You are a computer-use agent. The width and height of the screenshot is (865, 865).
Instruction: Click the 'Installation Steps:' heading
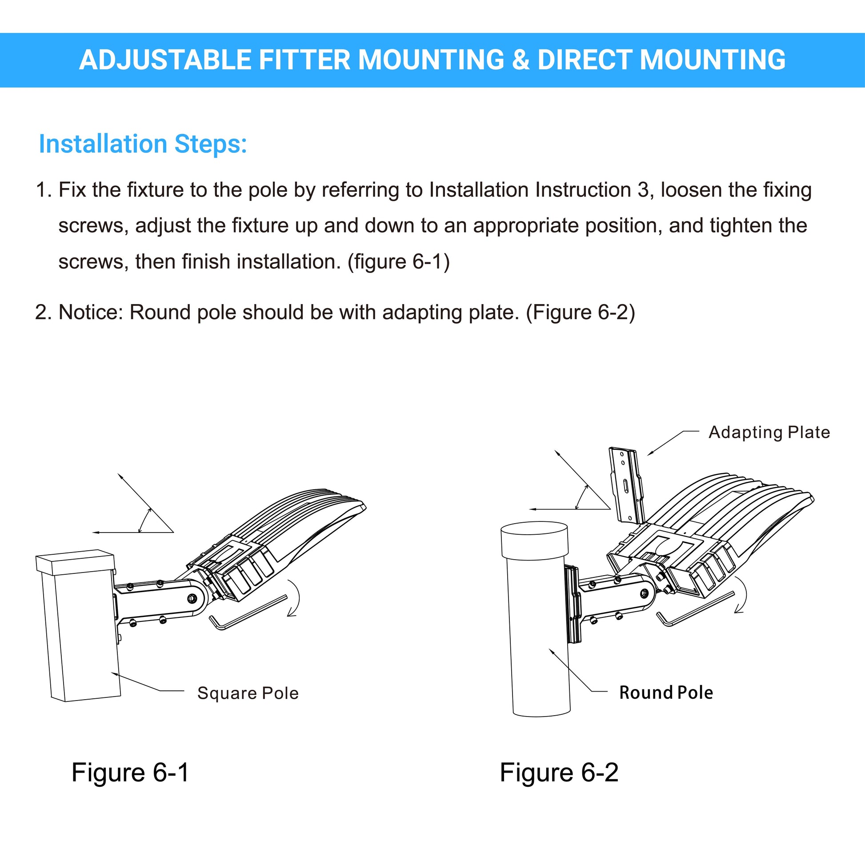(x=143, y=144)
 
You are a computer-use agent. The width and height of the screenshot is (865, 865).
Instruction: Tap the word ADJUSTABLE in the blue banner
(x=165, y=60)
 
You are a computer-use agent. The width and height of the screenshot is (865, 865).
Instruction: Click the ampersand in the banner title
(x=521, y=60)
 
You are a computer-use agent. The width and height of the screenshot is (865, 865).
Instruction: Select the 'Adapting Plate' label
(x=769, y=432)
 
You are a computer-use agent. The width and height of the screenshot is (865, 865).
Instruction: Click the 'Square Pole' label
(x=248, y=693)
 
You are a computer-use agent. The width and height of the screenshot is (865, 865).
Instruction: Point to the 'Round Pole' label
(x=666, y=693)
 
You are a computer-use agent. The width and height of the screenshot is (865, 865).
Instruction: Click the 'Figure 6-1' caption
(x=130, y=773)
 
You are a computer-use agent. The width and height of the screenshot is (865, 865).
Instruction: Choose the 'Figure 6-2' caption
(x=559, y=773)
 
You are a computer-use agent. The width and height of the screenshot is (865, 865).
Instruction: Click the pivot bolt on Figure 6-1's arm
(x=192, y=598)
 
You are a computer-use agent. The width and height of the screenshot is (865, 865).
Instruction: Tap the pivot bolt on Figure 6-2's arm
(x=644, y=594)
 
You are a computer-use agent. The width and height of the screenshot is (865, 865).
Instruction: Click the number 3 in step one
(x=643, y=190)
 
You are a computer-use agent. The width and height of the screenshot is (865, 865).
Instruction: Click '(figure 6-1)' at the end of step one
(x=398, y=262)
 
